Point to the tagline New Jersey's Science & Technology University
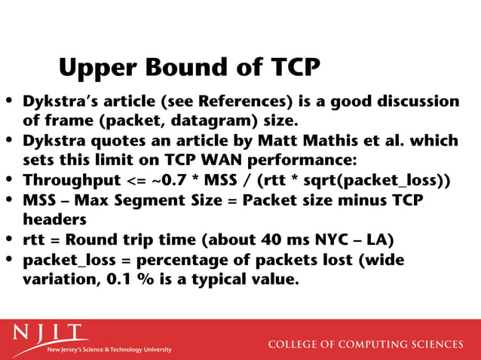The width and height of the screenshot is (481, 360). [x=109, y=350]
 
